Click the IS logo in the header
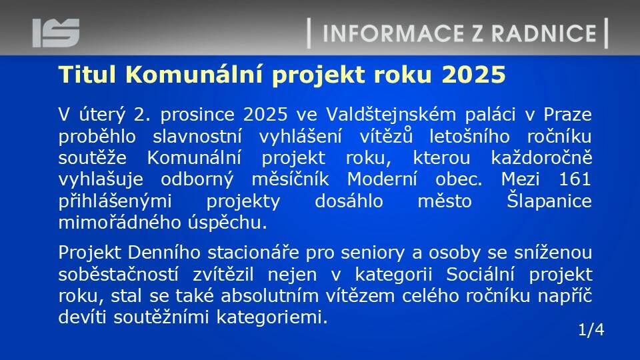56,33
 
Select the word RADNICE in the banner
544,33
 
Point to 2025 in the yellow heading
473,75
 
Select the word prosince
197,115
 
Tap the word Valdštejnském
391,114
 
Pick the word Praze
567,114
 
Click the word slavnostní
197,136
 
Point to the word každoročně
541,158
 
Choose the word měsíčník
290,179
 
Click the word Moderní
382,179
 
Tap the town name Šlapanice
549,201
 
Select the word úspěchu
227,223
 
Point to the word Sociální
480,274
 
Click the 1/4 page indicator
591,329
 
